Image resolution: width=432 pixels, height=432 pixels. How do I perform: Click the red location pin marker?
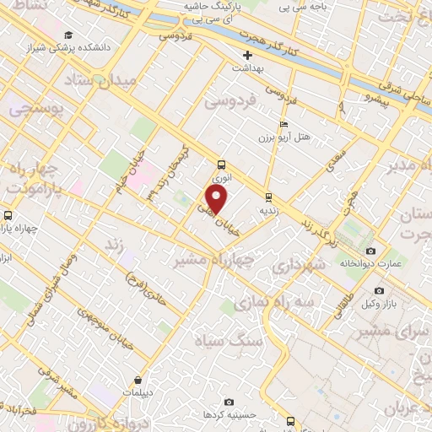pyautogui.click(x=217, y=200)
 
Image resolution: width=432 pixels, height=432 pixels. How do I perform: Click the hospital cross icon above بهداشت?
pyautogui.click(x=247, y=55)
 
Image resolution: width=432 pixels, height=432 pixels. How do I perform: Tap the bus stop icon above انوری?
pyautogui.click(x=221, y=165)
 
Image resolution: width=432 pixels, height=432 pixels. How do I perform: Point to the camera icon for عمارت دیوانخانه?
pyautogui.click(x=370, y=251)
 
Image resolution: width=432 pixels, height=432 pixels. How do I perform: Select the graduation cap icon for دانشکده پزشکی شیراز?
pyautogui.click(x=67, y=34)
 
